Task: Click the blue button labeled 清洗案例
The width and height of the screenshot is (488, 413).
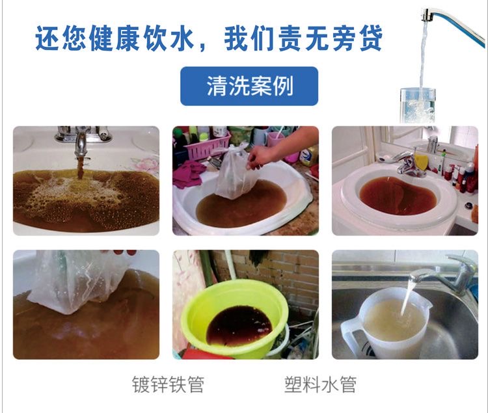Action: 249,86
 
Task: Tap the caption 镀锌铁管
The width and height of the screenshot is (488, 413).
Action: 168,384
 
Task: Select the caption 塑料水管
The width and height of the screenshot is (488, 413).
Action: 320,384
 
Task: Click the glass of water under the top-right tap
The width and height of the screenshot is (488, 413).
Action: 417,105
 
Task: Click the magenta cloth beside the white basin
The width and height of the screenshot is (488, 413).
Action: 189,175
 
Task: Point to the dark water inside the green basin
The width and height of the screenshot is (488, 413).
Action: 239,326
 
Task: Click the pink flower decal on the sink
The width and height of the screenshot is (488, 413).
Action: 144,164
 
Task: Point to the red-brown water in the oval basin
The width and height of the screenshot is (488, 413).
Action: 398,195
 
